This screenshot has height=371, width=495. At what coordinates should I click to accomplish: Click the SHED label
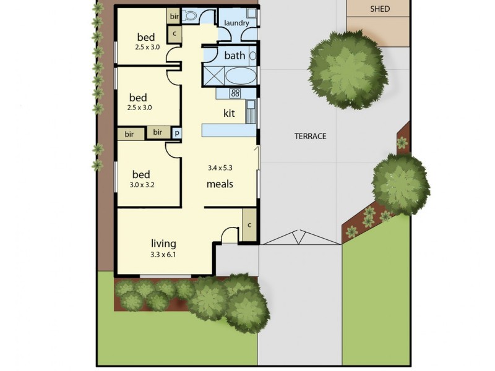tap(380, 9)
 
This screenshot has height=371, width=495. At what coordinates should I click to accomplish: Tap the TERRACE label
tap(311, 136)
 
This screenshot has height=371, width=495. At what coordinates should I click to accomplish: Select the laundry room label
tap(236, 23)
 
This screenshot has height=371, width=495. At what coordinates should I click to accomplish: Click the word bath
tap(235, 56)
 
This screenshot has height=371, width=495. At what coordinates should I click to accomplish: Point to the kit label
tap(229, 113)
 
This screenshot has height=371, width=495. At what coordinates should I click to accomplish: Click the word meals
tap(220, 184)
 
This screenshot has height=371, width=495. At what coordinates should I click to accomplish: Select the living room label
tap(163, 244)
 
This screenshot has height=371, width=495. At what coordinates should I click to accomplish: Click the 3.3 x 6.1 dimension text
tap(163, 255)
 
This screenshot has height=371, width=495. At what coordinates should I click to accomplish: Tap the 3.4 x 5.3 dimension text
tap(220, 168)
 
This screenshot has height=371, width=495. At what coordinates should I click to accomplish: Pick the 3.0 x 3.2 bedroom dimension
tap(142, 185)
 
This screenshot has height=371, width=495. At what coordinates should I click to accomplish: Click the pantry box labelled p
tap(177, 133)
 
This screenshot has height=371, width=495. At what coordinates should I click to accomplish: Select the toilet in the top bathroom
tap(189, 15)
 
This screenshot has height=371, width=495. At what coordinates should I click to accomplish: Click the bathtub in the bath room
tap(241, 76)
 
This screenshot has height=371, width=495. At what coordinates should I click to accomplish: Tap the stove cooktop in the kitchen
tap(235, 93)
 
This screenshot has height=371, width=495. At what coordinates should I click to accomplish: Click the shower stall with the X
tap(213, 76)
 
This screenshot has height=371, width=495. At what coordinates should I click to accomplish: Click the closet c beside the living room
tap(249, 224)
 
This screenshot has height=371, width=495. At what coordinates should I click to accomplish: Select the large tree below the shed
tap(348, 70)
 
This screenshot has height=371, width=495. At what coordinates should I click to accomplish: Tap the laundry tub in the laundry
tap(252, 13)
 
